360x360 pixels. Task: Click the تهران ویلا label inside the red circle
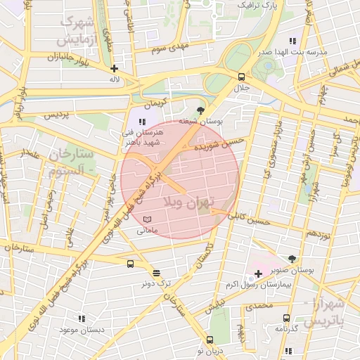point(187,202)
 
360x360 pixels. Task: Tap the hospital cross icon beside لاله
point(114,69)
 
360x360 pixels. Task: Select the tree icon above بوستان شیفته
point(201,110)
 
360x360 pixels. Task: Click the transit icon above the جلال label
point(242,77)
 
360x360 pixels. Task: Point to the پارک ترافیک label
point(253,5)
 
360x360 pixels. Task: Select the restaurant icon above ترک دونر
point(155,273)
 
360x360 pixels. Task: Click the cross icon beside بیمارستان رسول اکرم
point(258,273)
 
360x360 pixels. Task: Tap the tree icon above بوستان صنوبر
point(292,259)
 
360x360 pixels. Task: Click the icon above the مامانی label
point(146,220)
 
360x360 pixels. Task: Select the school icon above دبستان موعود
point(82,319)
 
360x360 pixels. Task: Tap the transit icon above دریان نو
point(210,340)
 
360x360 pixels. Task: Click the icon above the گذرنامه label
point(286,318)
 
